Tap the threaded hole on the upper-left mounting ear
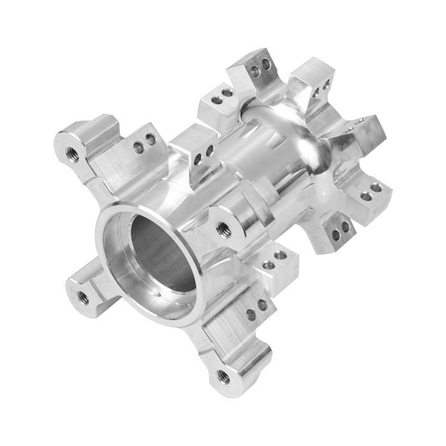(71, 152)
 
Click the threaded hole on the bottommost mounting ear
(223, 375)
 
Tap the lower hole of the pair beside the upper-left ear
(138, 149)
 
